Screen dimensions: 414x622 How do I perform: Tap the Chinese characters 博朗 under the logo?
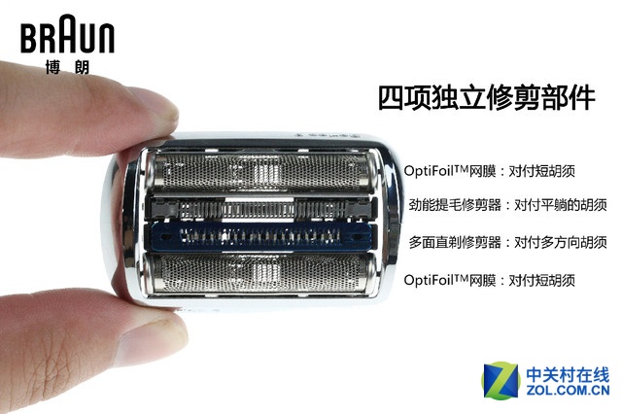66,68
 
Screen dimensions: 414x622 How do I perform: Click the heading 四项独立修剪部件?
486,98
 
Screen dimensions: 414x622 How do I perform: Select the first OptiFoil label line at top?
490,171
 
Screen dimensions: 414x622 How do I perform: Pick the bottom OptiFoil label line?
490,279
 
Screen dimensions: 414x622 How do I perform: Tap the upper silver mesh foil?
259,172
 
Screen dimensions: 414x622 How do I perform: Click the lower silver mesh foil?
259,282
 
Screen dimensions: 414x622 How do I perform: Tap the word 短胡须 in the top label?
558,171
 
